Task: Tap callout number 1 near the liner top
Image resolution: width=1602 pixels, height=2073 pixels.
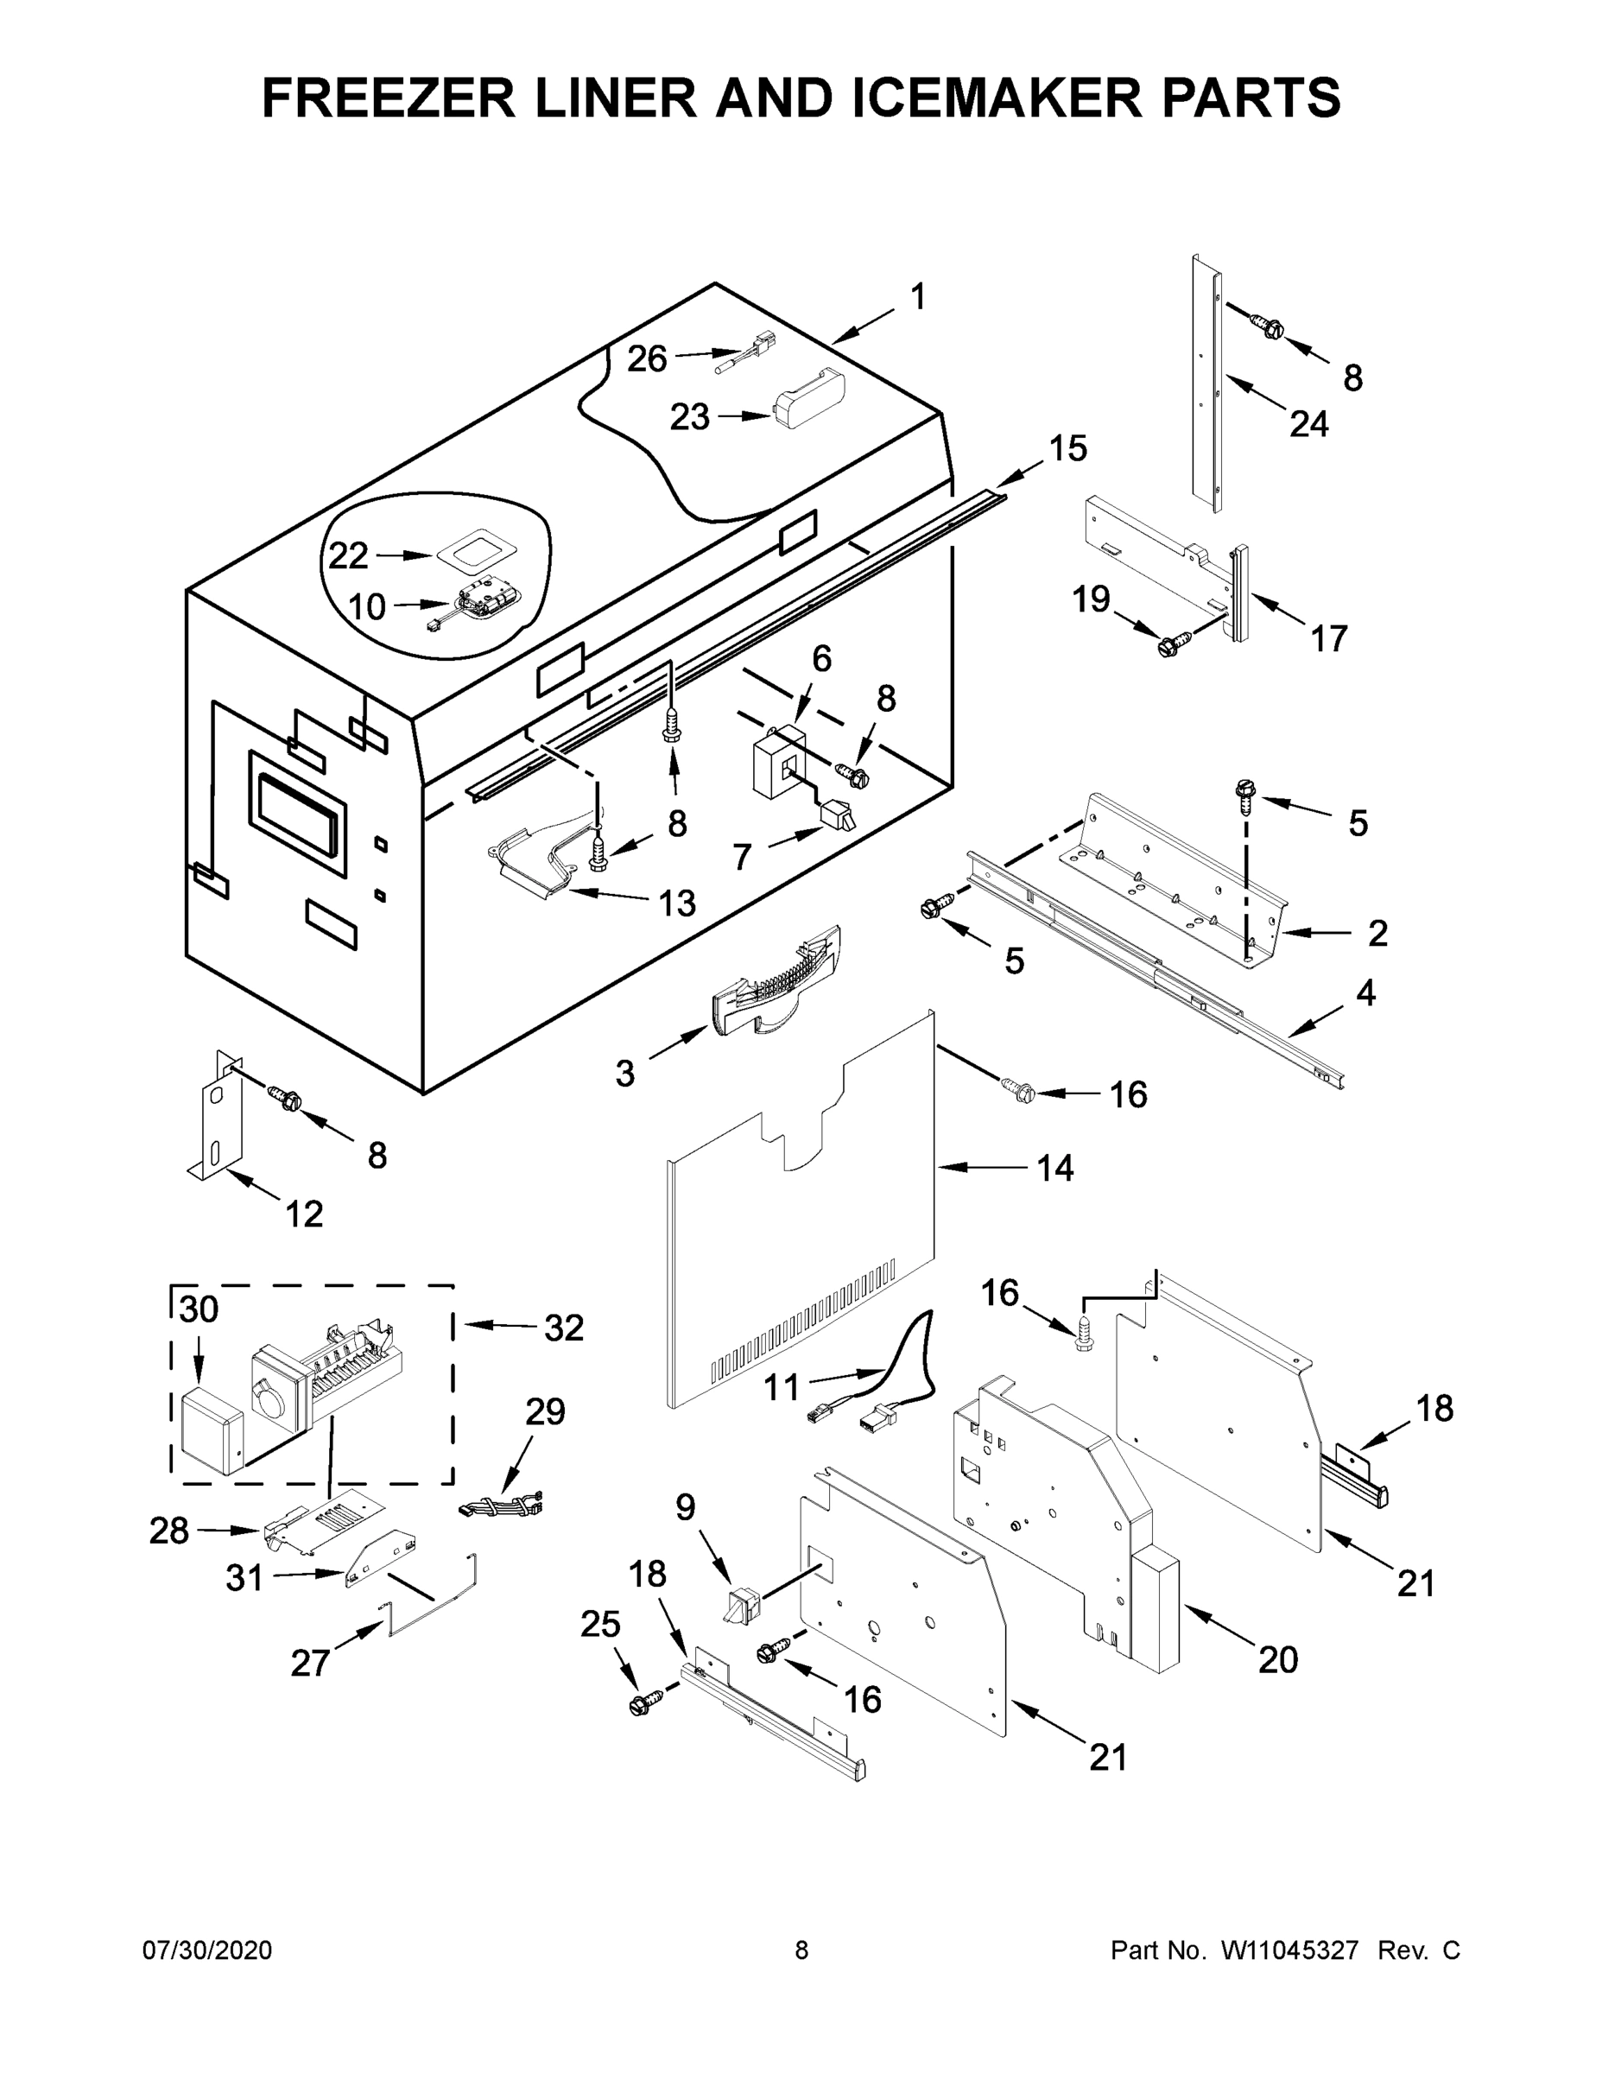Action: coord(918,297)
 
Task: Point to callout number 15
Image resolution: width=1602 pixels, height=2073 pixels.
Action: coord(1067,448)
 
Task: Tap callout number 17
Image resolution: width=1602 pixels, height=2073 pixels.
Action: coord(1329,639)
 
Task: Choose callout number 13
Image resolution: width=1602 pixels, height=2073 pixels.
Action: coord(678,903)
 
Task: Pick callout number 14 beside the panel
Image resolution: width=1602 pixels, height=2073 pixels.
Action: coord(1054,1169)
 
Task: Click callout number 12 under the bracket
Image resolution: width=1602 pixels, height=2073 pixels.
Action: coord(305,1213)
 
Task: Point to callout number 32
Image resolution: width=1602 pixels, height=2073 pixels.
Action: coord(563,1327)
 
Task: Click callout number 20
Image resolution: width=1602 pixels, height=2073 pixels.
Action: coord(1278,1659)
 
